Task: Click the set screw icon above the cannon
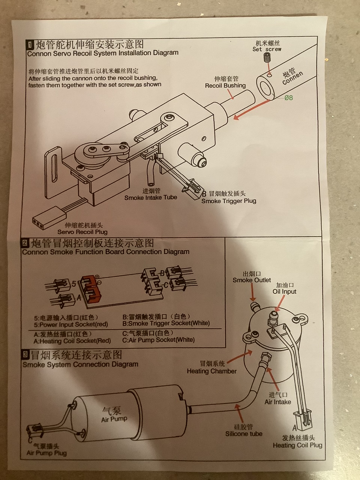pos(267,58)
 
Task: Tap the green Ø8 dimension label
pos(288,98)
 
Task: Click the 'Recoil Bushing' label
pos(225,85)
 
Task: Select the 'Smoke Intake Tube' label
pos(150,198)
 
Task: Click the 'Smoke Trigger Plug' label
pos(228,201)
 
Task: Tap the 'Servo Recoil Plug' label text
pos(82,232)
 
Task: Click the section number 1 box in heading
pos(30,45)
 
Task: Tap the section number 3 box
pos(25,354)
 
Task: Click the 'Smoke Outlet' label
pos(252,280)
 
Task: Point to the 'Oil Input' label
pos(284,291)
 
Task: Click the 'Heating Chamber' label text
pos(211,371)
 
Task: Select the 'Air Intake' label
pos(277,402)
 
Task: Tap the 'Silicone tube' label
pos(244,434)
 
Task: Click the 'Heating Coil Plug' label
pos(297,445)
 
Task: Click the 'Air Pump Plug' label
pos(46,453)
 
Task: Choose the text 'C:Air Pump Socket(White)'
pos(158,340)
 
